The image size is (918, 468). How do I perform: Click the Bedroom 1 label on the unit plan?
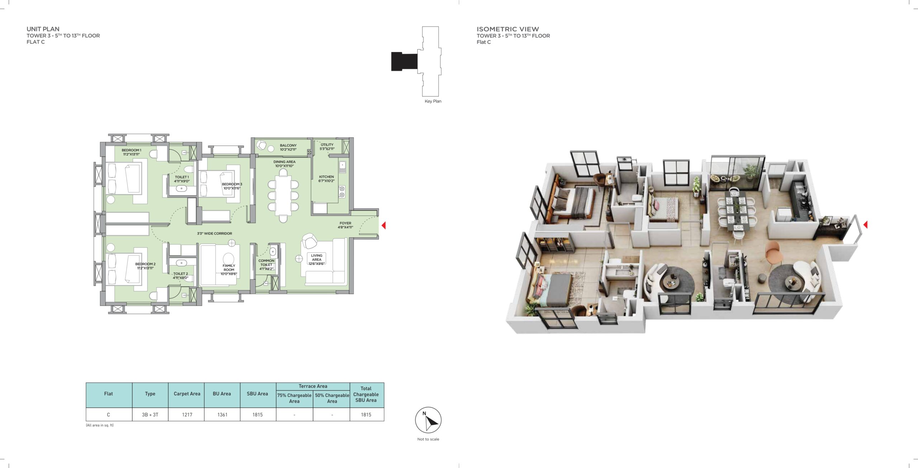[131, 150]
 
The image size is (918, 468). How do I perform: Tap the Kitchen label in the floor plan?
[326, 177]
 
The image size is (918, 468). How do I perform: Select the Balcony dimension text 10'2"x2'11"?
[288, 150]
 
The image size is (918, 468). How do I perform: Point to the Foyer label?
[345, 223]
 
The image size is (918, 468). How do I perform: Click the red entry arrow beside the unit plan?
[383, 225]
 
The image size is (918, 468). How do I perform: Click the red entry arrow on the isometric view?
[865, 224]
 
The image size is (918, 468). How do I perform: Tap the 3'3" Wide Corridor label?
[214, 233]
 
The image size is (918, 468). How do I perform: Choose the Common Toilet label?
[266, 263]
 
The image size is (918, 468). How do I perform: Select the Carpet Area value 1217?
[187, 415]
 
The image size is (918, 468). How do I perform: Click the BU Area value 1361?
[222, 415]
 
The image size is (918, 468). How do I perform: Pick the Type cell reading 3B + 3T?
[150, 415]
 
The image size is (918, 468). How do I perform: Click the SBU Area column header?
[257, 394]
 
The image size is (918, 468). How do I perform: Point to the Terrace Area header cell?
[313, 386]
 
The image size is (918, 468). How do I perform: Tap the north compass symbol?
[428, 420]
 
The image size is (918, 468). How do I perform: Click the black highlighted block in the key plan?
[404, 61]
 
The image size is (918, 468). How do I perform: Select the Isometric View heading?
[507, 29]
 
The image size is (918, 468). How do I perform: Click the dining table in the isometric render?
[735, 212]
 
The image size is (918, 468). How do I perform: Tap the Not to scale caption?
[428, 439]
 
